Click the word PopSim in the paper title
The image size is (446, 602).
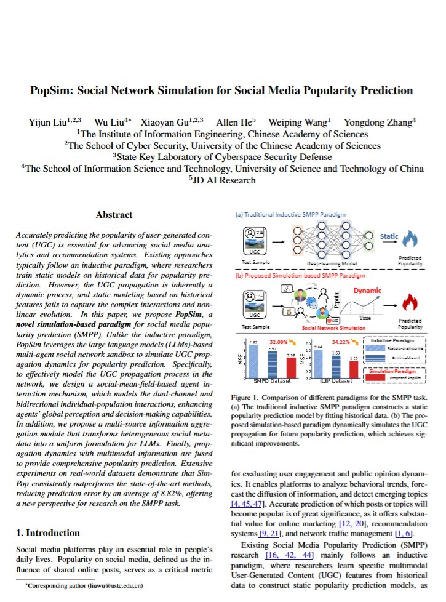click(52, 90)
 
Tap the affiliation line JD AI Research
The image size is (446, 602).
click(222, 180)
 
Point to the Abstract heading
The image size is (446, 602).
click(114, 215)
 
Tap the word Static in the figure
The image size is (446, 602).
click(389, 236)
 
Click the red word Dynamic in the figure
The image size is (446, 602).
click(367, 291)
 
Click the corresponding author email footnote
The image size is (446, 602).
click(84, 587)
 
